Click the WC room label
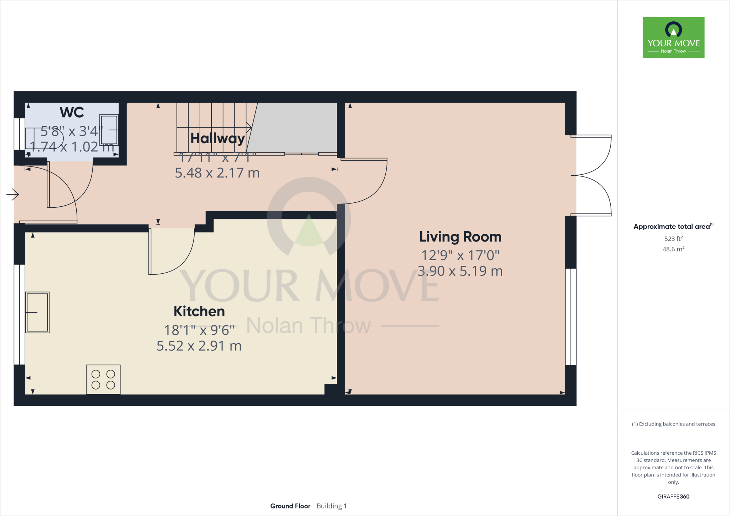(72, 112)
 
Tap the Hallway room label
(217, 138)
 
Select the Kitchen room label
(199, 311)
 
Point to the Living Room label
(460, 237)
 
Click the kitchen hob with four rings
(103, 380)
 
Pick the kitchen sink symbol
(37, 313)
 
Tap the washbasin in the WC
(109, 130)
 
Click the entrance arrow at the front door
(12, 194)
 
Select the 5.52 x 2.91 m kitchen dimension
(199, 346)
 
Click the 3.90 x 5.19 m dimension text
(460, 271)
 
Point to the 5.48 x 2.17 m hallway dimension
(217, 173)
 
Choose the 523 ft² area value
(673, 239)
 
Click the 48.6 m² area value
(673, 249)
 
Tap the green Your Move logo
(673, 37)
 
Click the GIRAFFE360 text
(673, 496)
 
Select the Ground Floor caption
(290, 506)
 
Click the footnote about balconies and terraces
(673, 424)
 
